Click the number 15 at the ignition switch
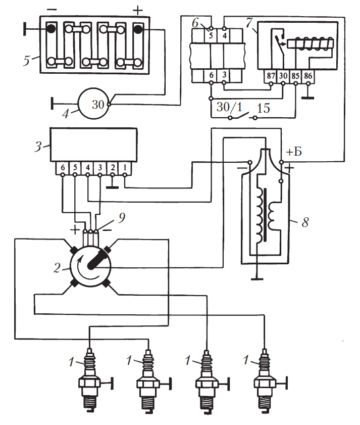(x=263, y=108)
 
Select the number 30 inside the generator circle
(x=98, y=104)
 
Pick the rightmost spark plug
(x=265, y=376)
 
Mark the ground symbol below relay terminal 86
(x=307, y=97)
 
